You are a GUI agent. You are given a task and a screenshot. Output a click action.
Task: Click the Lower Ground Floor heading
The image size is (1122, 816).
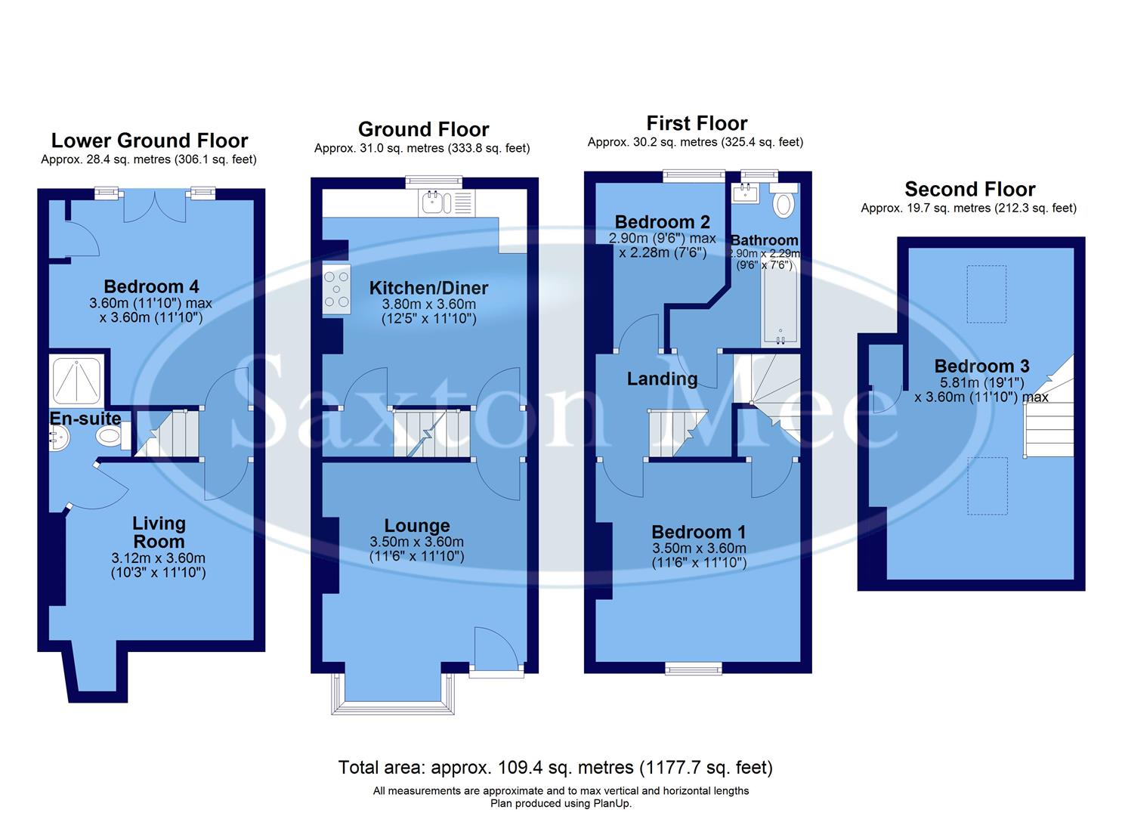coord(150,141)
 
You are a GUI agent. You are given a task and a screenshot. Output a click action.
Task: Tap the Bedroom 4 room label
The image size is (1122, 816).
coord(151,286)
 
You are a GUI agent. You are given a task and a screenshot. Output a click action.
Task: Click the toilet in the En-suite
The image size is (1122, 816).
coord(110,436)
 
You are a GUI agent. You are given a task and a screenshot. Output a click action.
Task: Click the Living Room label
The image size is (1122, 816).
coord(159,533)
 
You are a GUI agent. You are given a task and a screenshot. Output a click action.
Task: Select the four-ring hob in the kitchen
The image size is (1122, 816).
coord(336,290)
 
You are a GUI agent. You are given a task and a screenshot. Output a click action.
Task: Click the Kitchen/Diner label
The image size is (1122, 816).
coord(428,288)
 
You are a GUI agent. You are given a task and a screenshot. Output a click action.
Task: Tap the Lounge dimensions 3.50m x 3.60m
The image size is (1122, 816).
coord(416,542)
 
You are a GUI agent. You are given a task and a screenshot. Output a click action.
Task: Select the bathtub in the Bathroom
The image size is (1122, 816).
coord(779,305)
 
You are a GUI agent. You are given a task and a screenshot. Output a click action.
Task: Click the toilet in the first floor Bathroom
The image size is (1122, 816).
coord(784,202)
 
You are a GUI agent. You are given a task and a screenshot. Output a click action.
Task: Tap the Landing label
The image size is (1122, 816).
coord(662,379)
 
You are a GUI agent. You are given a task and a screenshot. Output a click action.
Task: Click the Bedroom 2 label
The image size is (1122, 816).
coord(662,222)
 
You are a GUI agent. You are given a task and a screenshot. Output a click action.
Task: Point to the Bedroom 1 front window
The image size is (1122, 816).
coord(693,667)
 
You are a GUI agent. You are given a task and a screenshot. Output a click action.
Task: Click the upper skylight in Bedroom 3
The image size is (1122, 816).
coord(986,294)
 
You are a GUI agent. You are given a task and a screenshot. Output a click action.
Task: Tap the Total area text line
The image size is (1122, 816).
coord(555,768)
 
